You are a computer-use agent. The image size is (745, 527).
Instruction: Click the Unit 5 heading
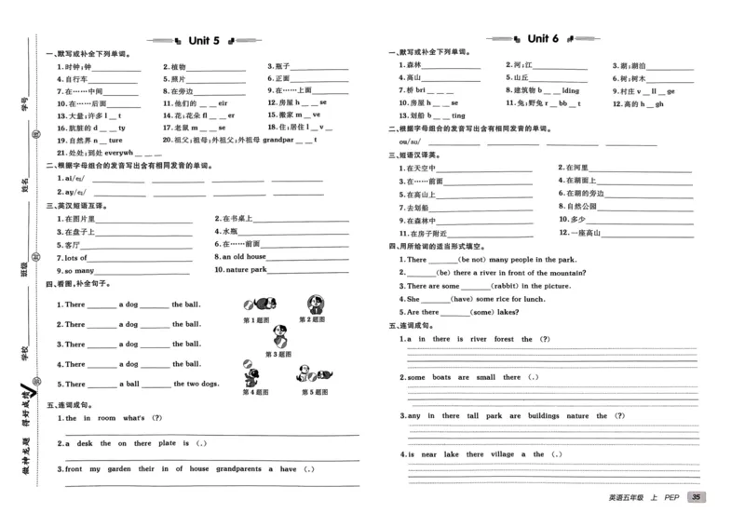203,40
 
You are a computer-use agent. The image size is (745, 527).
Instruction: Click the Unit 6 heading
542,39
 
